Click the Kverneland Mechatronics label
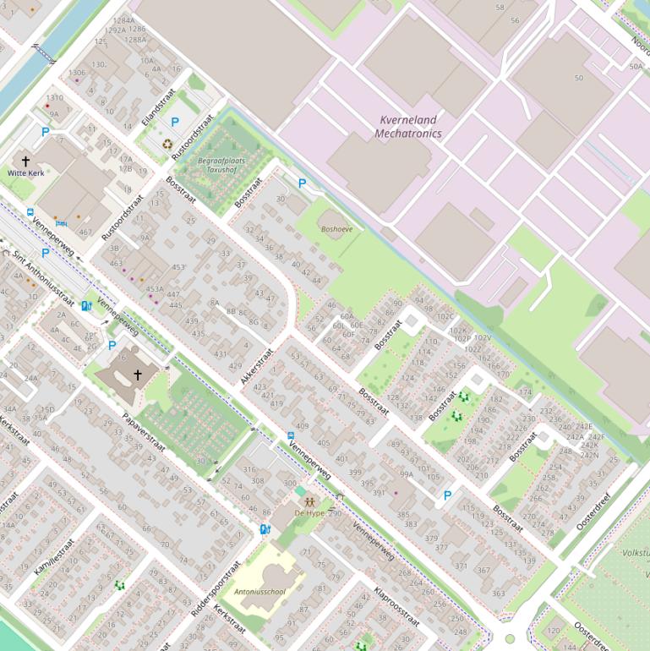point(408,127)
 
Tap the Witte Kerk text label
point(25,173)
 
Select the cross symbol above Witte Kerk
point(25,161)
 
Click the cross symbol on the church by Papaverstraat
point(138,375)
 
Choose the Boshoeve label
point(336,229)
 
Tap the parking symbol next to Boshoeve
point(302,184)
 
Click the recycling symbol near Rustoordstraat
point(167,145)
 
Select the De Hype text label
point(309,513)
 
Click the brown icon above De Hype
point(309,502)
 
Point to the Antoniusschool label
point(259,592)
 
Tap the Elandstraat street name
point(158,107)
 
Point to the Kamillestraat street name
point(54,556)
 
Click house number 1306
point(76,73)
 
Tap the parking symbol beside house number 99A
point(447,496)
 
